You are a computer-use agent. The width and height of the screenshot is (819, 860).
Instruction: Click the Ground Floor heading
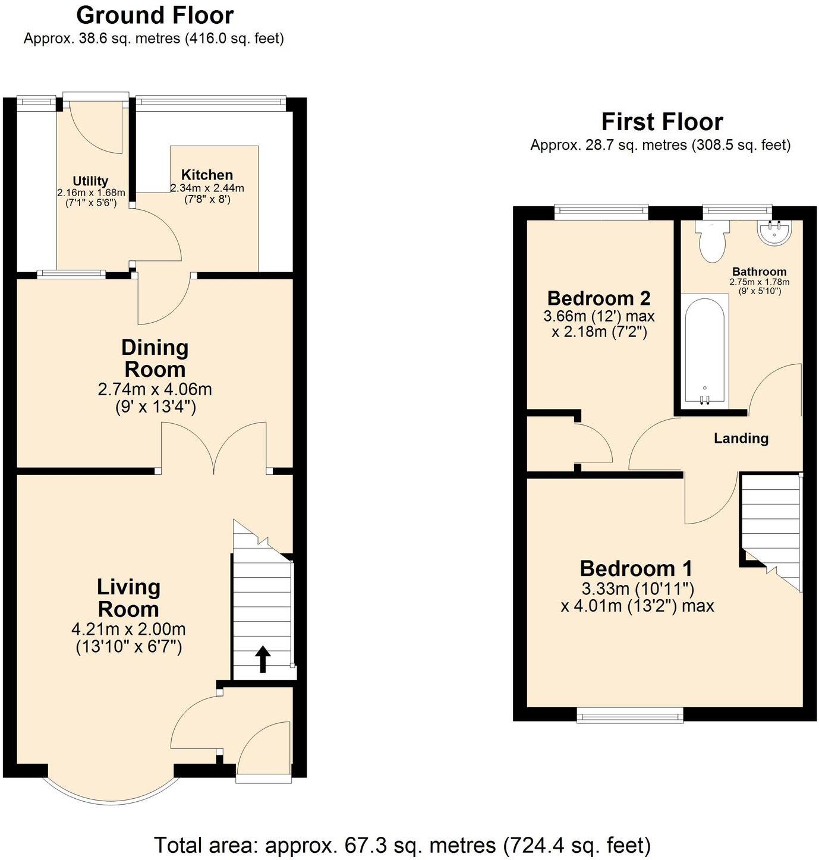155,15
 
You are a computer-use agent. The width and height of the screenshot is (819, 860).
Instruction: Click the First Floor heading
661,122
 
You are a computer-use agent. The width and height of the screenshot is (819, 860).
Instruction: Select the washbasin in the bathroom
774,232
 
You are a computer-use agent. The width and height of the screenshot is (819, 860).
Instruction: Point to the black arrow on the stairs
263,659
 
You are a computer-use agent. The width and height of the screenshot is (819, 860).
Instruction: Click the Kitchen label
207,175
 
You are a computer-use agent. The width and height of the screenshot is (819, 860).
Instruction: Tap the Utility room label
90,181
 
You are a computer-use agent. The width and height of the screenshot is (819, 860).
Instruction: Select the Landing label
741,438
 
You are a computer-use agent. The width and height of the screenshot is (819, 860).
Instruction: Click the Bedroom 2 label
598,298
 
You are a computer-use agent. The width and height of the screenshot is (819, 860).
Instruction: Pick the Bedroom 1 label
636,568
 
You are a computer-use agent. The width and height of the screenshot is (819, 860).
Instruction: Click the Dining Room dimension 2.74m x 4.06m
155,389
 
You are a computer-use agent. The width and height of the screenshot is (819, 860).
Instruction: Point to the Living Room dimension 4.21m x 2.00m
128,629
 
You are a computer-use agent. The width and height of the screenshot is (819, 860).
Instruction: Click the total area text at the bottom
402,845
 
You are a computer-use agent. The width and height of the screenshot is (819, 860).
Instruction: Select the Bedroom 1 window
630,716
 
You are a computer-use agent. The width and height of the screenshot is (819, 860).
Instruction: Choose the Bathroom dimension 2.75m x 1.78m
759,282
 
